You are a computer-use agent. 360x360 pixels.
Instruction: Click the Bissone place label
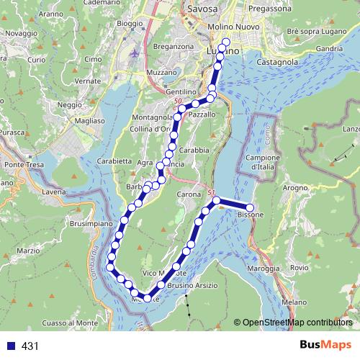click(x=251, y=215)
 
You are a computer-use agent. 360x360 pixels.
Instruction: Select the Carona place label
click(x=189, y=194)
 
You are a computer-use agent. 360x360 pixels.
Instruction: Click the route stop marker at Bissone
click(x=250, y=207)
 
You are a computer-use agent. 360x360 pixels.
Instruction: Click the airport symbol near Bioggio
click(x=138, y=53)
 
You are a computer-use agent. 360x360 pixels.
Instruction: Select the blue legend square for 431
click(x=12, y=346)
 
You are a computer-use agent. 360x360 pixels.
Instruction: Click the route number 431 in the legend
click(x=30, y=346)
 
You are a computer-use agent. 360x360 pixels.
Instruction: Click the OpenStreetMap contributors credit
click(x=298, y=323)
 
